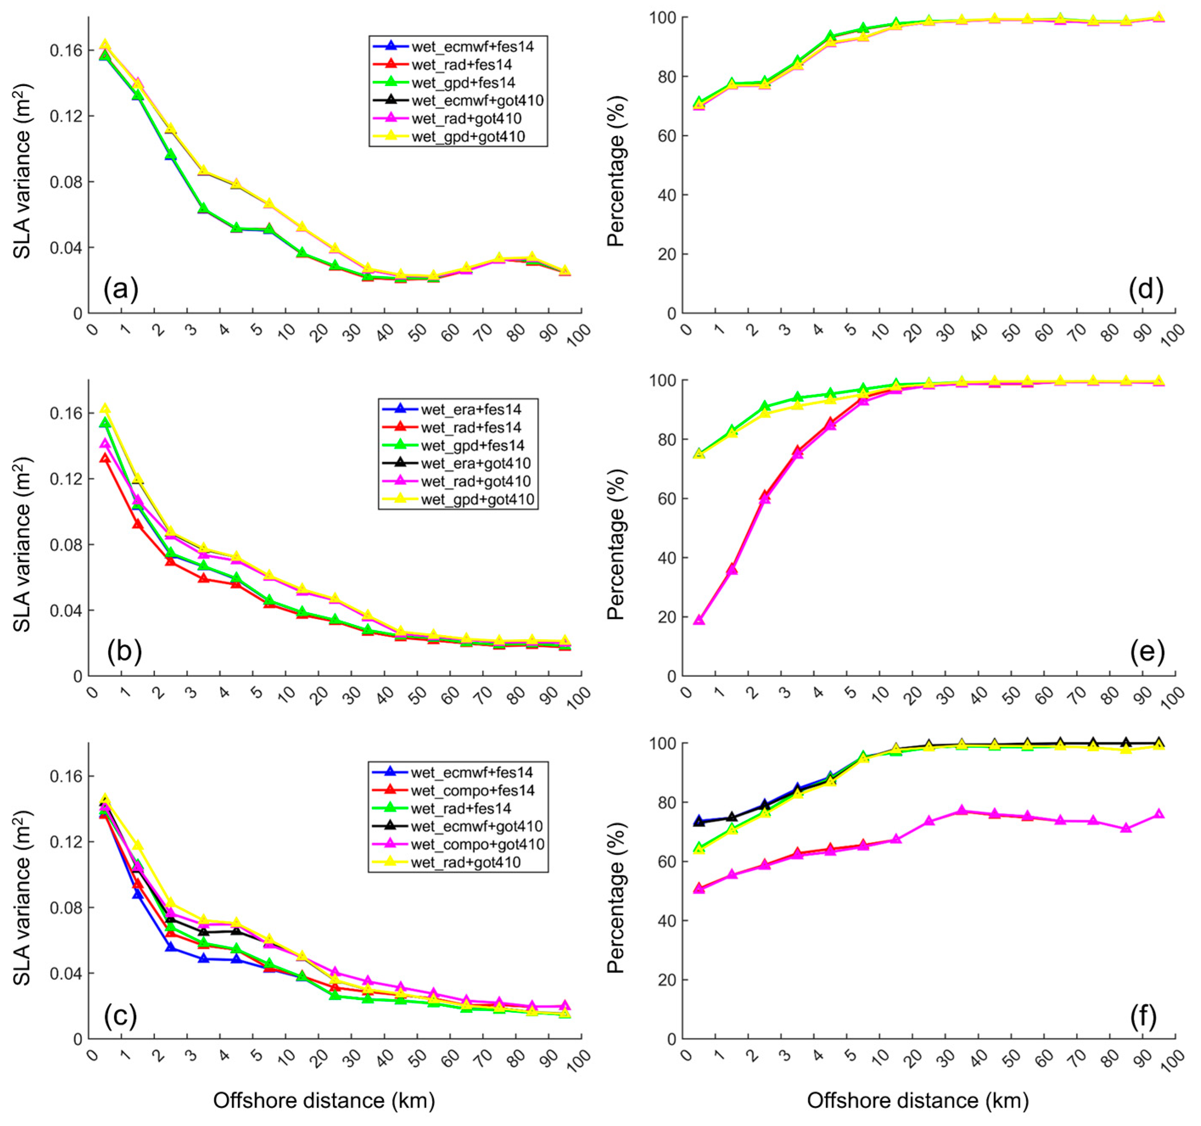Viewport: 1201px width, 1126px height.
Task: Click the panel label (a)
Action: click(121, 290)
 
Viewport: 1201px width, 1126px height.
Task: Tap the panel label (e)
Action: click(1146, 652)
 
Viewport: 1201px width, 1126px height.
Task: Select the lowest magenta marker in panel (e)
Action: click(699, 620)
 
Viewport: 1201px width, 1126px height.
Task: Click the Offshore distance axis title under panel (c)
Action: click(324, 1100)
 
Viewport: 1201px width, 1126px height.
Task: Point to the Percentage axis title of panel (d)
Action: click(616, 165)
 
